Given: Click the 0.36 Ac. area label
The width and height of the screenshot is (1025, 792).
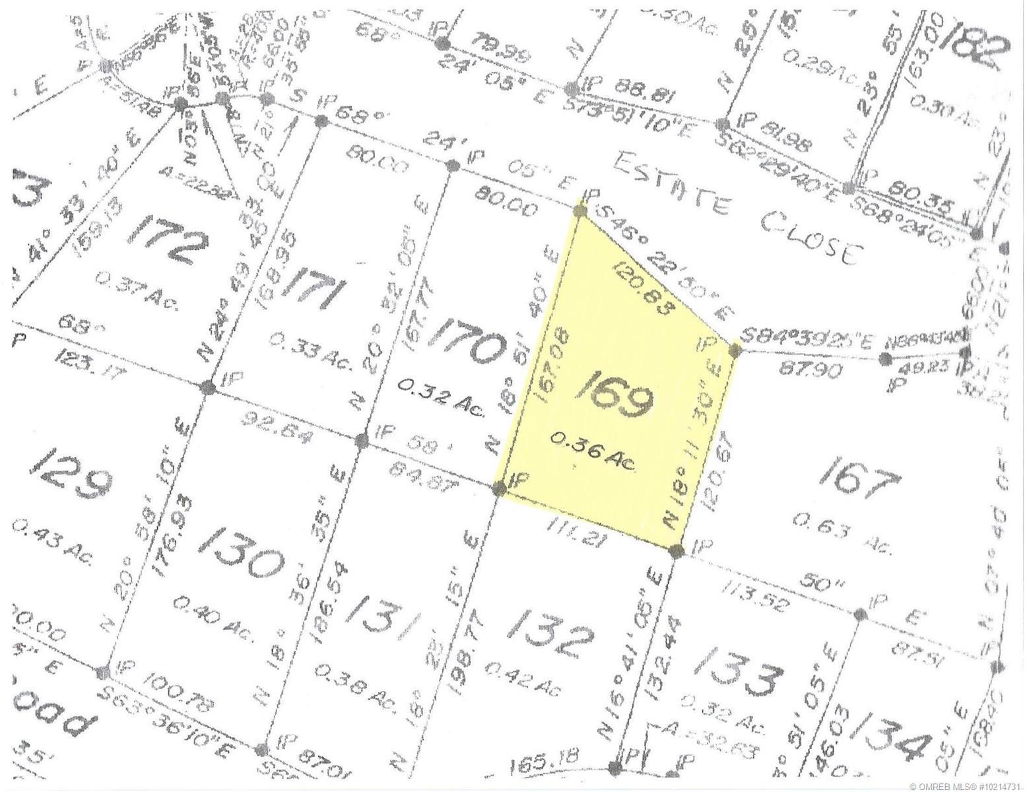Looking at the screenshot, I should [593, 451].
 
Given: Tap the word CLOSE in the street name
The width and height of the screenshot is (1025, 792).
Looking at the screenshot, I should [812, 236].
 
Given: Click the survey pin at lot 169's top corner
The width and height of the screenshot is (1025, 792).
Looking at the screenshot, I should [581, 212].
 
